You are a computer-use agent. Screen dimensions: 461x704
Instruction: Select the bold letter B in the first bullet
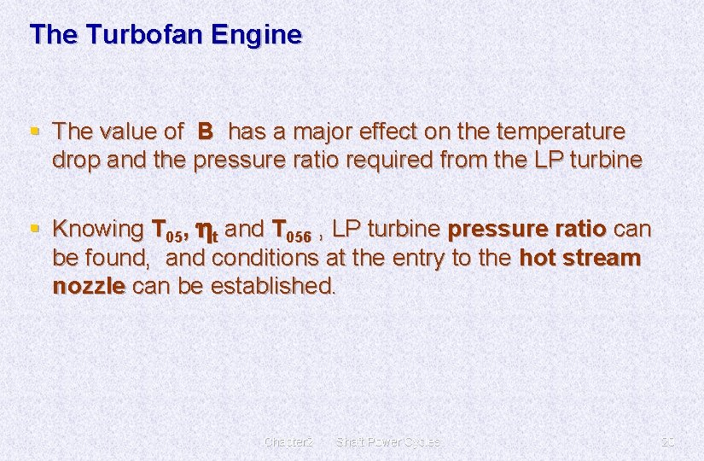205,131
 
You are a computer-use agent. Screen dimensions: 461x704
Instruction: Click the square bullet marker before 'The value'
34,132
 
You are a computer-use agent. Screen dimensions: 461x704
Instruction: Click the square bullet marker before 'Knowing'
34,229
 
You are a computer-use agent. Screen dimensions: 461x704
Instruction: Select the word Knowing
97,229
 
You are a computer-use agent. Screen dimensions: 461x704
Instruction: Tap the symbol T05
169,230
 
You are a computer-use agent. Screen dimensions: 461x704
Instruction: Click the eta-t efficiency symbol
207,230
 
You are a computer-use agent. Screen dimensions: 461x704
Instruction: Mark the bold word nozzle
89,285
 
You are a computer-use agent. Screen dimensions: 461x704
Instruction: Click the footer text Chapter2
289,441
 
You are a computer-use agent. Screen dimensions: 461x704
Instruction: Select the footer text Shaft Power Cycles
388,441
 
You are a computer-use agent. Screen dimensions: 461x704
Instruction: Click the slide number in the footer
667,441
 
